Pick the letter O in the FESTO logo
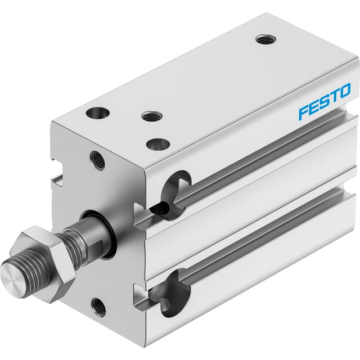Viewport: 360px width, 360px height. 344,91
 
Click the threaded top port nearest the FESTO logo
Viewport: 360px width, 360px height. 265,39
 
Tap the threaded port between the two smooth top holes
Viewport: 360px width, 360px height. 152,116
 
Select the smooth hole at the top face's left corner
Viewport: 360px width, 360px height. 97,112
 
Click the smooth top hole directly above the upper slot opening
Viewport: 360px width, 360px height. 158,144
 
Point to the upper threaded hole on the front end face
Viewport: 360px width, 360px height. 97,160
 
